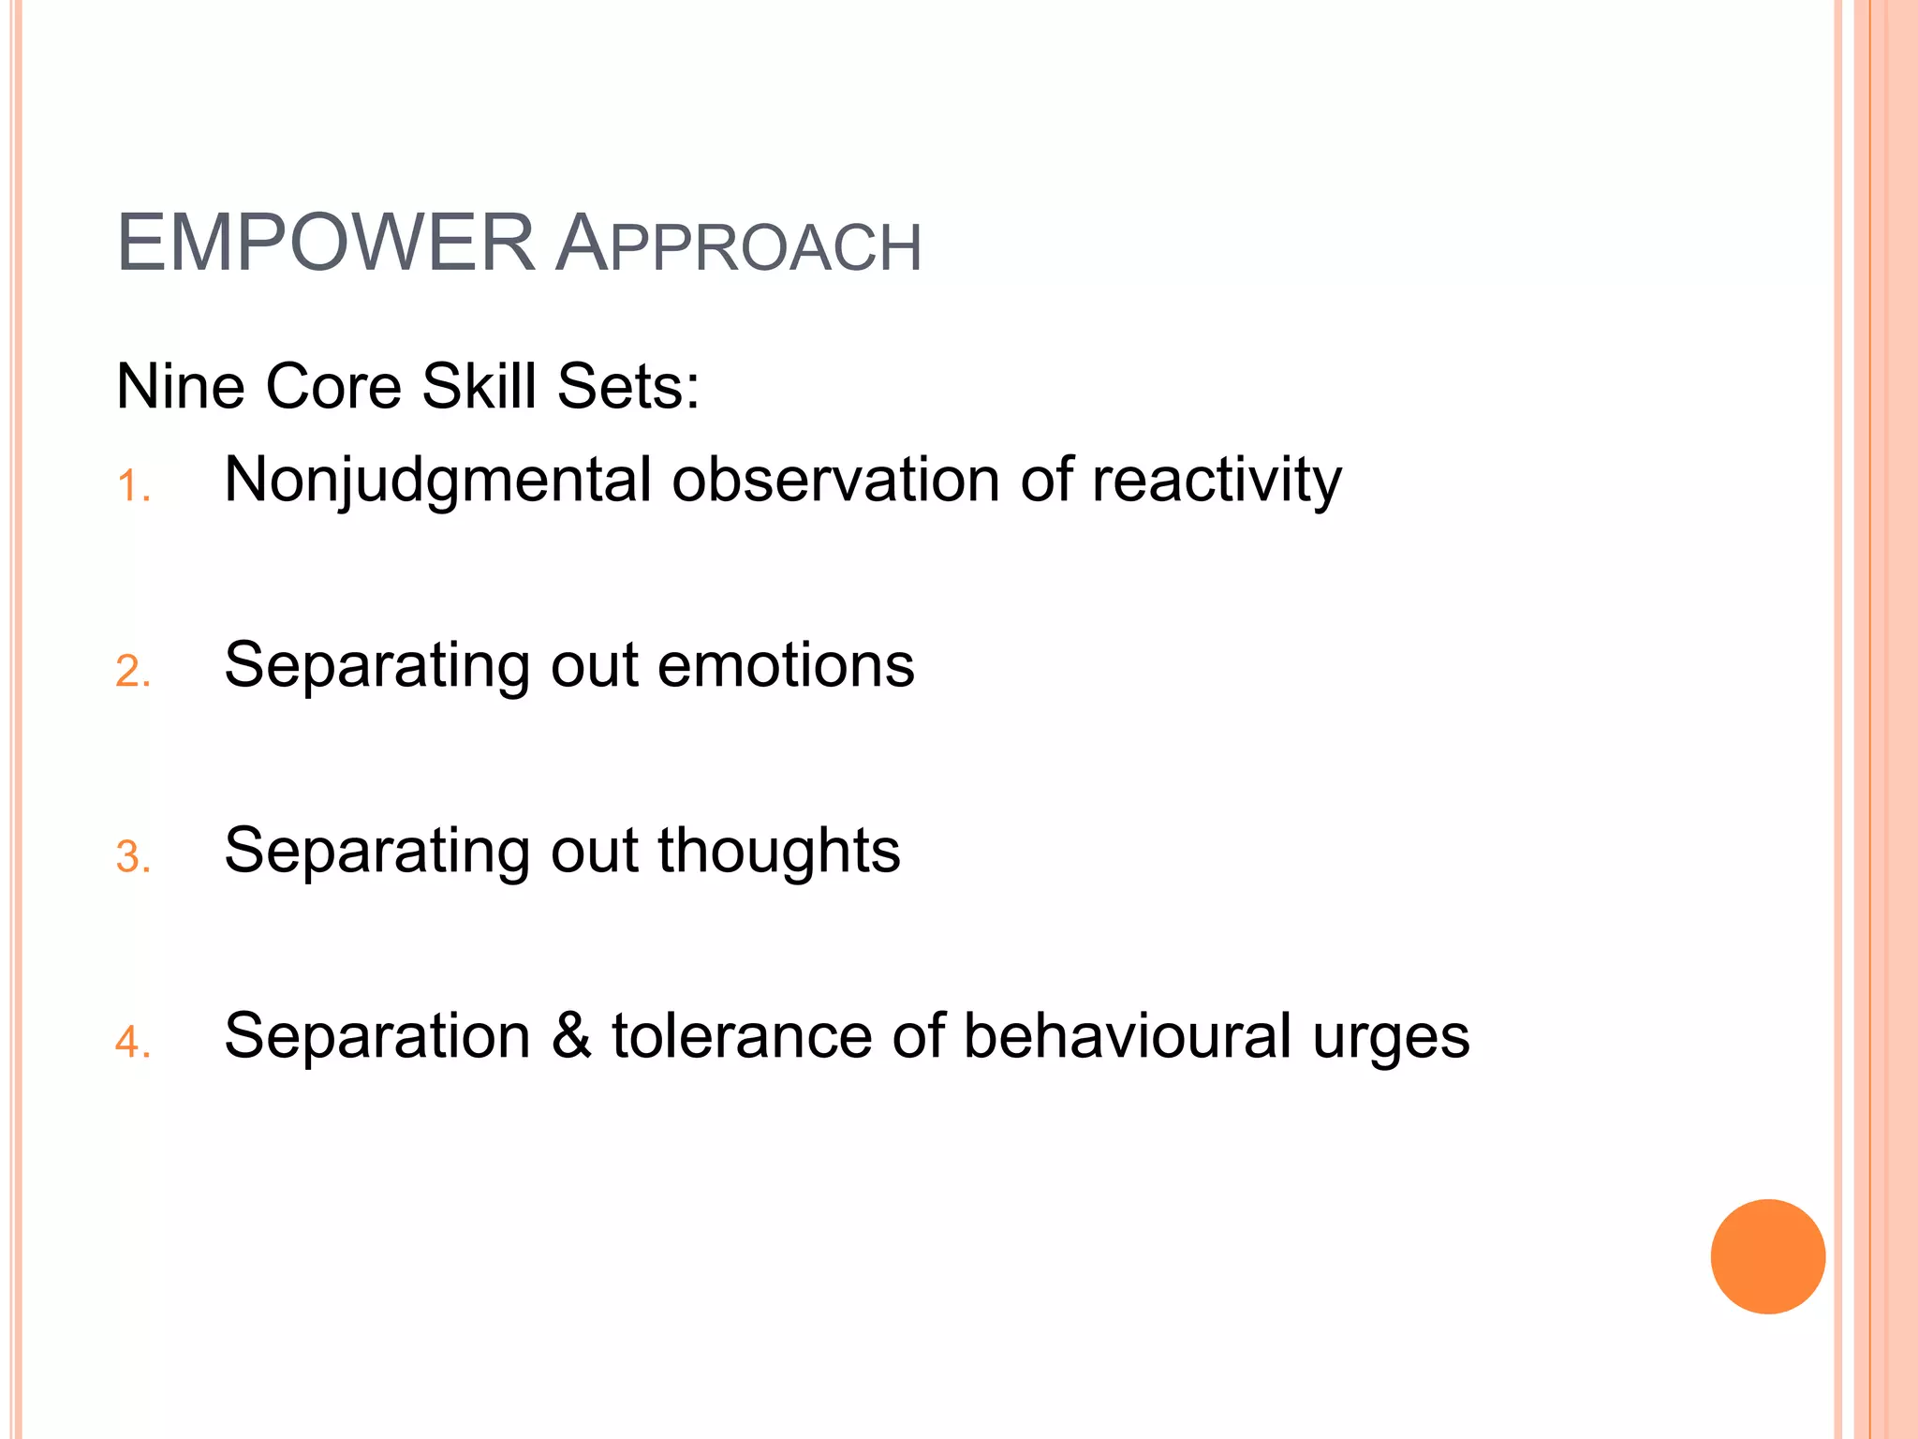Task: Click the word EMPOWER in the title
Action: tap(325, 244)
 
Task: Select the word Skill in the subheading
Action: tap(479, 386)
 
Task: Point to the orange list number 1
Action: tap(132, 487)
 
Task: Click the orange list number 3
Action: tap(132, 857)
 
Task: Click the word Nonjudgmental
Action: tap(437, 482)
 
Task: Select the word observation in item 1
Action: tap(835, 480)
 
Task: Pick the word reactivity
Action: tap(1217, 482)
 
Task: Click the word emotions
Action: tap(786, 665)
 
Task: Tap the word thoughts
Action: tap(778, 852)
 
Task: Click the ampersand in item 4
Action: tap(571, 1036)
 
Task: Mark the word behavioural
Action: tap(1127, 1036)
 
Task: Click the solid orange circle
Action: tap(1767, 1256)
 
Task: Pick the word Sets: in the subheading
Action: tap(627, 386)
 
